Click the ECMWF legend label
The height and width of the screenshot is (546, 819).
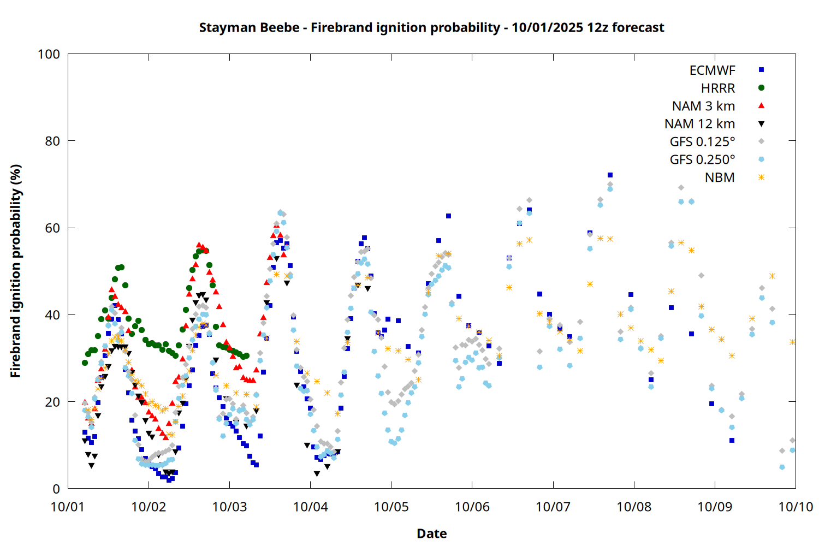point(712,70)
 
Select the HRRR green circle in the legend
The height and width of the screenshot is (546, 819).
point(761,88)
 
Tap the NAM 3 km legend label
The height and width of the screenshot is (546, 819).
point(703,106)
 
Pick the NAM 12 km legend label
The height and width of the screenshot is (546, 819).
point(699,124)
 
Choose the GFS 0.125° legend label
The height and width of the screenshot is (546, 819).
point(702,142)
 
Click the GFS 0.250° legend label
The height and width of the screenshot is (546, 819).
point(702,160)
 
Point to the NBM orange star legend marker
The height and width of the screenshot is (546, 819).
point(761,177)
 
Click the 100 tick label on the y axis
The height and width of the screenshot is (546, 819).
point(49,54)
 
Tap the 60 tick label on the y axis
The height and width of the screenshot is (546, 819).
point(52,228)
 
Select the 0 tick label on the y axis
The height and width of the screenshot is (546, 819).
point(56,489)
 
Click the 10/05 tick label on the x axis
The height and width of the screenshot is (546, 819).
point(391,507)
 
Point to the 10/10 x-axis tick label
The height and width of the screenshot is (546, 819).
point(796,507)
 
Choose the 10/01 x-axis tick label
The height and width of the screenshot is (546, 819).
point(68,507)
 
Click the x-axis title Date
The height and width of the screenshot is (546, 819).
point(431,533)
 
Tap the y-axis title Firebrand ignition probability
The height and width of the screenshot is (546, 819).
point(15,271)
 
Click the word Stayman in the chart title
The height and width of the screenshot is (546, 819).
point(221,27)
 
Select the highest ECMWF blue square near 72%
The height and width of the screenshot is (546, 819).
point(610,175)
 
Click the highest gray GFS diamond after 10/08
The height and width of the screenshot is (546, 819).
point(681,188)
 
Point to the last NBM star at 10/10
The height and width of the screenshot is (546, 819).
point(792,342)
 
